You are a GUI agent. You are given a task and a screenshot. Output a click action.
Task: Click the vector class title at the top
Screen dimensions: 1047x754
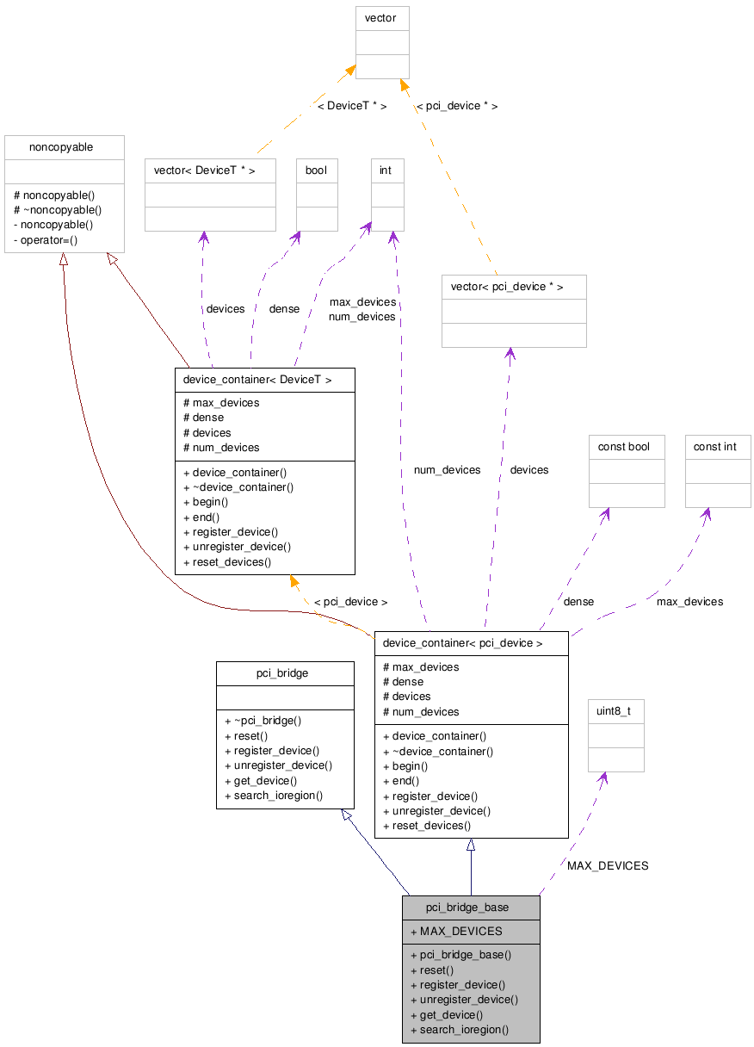pyautogui.click(x=381, y=18)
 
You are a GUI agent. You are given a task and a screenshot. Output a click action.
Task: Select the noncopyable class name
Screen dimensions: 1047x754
pyautogui.click(x=61, y=147)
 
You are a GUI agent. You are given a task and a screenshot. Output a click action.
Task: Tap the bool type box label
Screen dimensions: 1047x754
pyautogui.click(x=316, y=170)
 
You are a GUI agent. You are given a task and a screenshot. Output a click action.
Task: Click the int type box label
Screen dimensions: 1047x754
pyautogui.click(x=386, y=170)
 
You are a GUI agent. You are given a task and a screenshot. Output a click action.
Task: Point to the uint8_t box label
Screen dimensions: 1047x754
pyautogui.click(x=614, y=711)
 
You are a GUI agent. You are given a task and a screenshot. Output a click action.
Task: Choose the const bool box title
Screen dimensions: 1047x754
pyautogui.click(x=625, y=447)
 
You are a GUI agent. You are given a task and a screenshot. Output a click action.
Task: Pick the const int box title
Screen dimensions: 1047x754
pyautogui.click(x=715, y=447)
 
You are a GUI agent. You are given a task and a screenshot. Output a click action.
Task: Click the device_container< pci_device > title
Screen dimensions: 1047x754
pyautogui.click(x=462, y=643)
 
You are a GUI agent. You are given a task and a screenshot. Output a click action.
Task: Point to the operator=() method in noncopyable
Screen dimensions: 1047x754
pyautogui.click(x=50, y=239)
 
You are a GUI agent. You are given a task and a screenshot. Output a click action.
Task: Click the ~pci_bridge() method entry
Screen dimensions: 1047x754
pyautogui.click(x=263, y=721)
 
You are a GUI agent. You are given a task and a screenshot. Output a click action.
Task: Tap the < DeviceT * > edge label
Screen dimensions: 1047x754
pyautogui.click(x=352, y=106)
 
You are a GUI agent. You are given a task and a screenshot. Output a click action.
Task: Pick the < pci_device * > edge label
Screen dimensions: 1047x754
pyautogui.click(x=456, y=106)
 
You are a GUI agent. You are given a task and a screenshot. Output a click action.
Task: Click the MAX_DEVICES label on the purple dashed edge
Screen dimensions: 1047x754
pyautogui.click(x=608, y=865)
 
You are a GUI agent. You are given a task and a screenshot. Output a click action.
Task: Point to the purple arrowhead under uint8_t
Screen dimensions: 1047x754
pyautogui.click(x=603, y=778)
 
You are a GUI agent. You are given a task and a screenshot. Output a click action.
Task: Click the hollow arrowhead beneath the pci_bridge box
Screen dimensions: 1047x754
pyautogui.click(x=346, y=815)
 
